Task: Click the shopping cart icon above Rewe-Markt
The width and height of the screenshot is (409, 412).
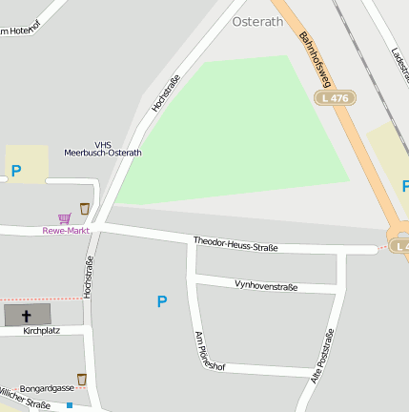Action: (64, 217)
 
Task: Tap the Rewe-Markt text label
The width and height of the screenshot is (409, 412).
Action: (66, 231)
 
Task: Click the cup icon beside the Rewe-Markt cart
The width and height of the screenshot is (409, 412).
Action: (85, 208)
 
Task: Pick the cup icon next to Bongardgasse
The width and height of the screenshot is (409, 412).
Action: (82, 380)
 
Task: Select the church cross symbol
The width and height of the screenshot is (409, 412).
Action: (26, 315)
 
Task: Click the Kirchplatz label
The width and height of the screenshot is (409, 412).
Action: (41, 332)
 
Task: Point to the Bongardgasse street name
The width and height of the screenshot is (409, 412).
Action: (47, 389)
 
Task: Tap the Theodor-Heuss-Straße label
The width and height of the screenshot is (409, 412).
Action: (235, 245)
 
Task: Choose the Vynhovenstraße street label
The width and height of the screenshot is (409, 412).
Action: (266, 285)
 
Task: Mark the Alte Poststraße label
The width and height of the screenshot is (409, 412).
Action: (324, 356)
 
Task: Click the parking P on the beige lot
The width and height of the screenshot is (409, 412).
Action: (15, 172)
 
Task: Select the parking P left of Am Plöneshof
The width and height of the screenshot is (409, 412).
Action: (161, 301)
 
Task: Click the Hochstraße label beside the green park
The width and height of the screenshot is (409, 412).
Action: (165, 94)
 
